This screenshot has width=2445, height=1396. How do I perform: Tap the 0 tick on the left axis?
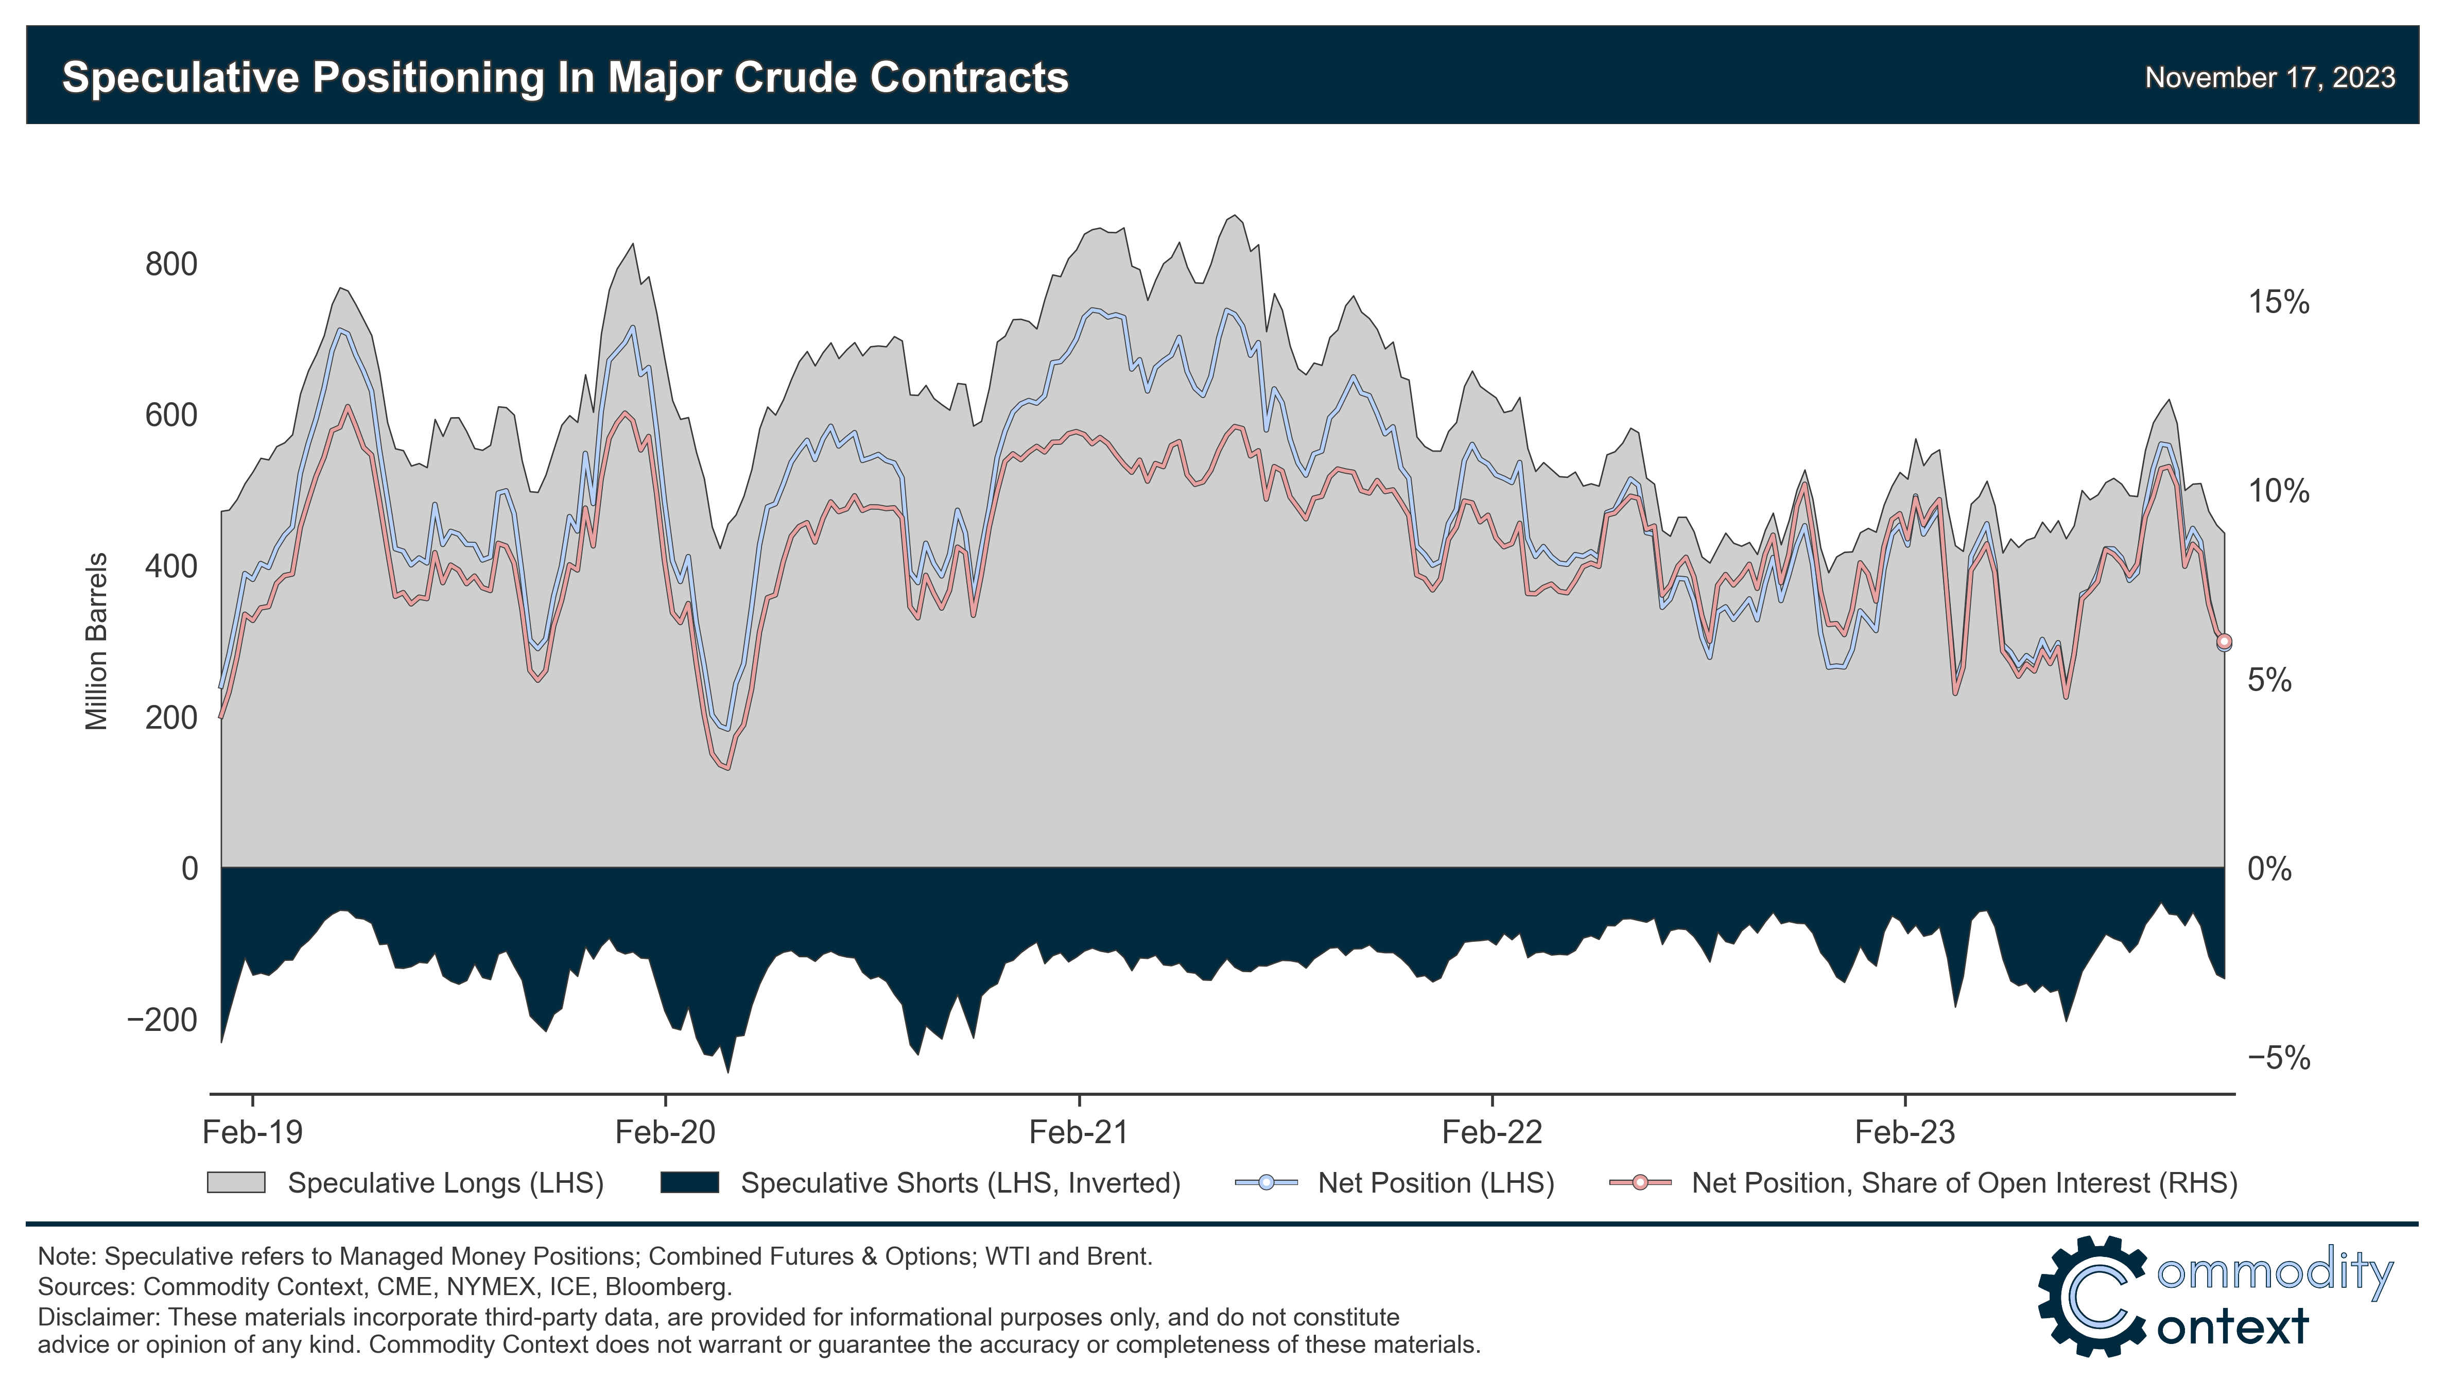[190, 869]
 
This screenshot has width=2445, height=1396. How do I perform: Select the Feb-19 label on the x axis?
[252, 1132]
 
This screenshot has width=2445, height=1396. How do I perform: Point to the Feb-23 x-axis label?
[1904, 1132]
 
